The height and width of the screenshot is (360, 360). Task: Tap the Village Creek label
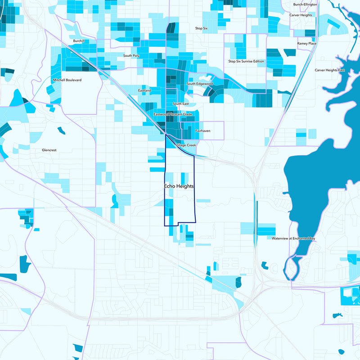click(x=186, y=145)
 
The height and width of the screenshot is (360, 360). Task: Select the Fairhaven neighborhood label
click(x=202, y=130)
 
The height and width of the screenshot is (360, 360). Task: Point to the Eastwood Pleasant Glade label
click(x=173, y=115)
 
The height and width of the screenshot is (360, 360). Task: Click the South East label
click(x=180, y=104)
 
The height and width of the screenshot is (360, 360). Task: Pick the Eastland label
click(x=144, y=90)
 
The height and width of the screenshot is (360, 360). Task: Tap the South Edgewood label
click(x=200, y=84)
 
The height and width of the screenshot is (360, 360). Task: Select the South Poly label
click(x=131, y=56)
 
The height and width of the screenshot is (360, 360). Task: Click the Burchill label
click(x=79, y=41)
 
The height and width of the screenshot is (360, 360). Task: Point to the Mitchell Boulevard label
click(x=67, y=80)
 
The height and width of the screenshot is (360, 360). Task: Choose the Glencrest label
click(x=49, y=150)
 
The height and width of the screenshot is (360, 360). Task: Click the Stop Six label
click(x=201, y=28)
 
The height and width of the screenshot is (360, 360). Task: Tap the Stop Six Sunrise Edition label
click(x=247, y=61)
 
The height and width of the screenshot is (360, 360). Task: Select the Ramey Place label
click(x=307, y=43)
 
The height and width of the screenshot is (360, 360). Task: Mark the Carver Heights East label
click(x=329, y=70)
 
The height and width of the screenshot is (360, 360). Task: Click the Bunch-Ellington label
click(x=305, y=4)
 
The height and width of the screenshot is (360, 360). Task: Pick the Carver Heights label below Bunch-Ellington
click(x=301, y=15)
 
